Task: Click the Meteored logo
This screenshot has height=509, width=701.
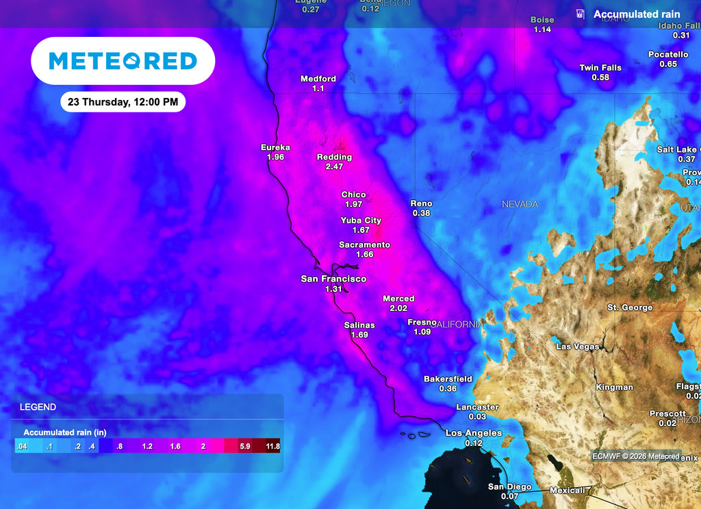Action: click(x=123, y=61)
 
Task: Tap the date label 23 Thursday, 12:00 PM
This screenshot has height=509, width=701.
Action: click(x=123, y=102)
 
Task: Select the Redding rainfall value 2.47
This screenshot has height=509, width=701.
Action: click(x=334, y=166)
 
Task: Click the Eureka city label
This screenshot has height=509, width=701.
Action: click(x=276, y=147)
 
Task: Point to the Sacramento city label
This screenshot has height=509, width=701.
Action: click(x=364, y=245)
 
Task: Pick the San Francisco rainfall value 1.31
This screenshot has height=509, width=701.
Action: click(x=333, y=289)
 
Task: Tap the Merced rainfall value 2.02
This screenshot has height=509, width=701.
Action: click(x=398, y=308)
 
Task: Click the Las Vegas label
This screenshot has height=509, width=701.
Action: click(x=578, y=347)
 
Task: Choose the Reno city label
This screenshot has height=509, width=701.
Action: click(x=421, y=203)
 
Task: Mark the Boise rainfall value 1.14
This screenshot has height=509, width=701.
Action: click(x=542, y=29)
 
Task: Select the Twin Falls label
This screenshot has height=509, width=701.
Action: click(x=600, y=68)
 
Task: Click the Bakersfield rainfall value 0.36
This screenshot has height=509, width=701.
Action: click(x=448, y=388)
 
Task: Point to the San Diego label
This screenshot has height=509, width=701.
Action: click(x=509, y=487)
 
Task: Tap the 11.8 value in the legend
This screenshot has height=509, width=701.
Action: click(x=272, y=447)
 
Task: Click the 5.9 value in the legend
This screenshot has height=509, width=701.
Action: click(x=244, y=447)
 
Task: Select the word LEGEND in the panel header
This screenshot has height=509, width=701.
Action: click(x=38, y=407)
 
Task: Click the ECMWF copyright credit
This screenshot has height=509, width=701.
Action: click(x=636, y=456)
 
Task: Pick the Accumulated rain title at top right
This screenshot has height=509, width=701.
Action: click(x=637, y=14)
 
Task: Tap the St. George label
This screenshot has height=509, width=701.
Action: click(x=630, y=308)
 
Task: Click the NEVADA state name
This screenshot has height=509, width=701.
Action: click(x=520, y=204)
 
